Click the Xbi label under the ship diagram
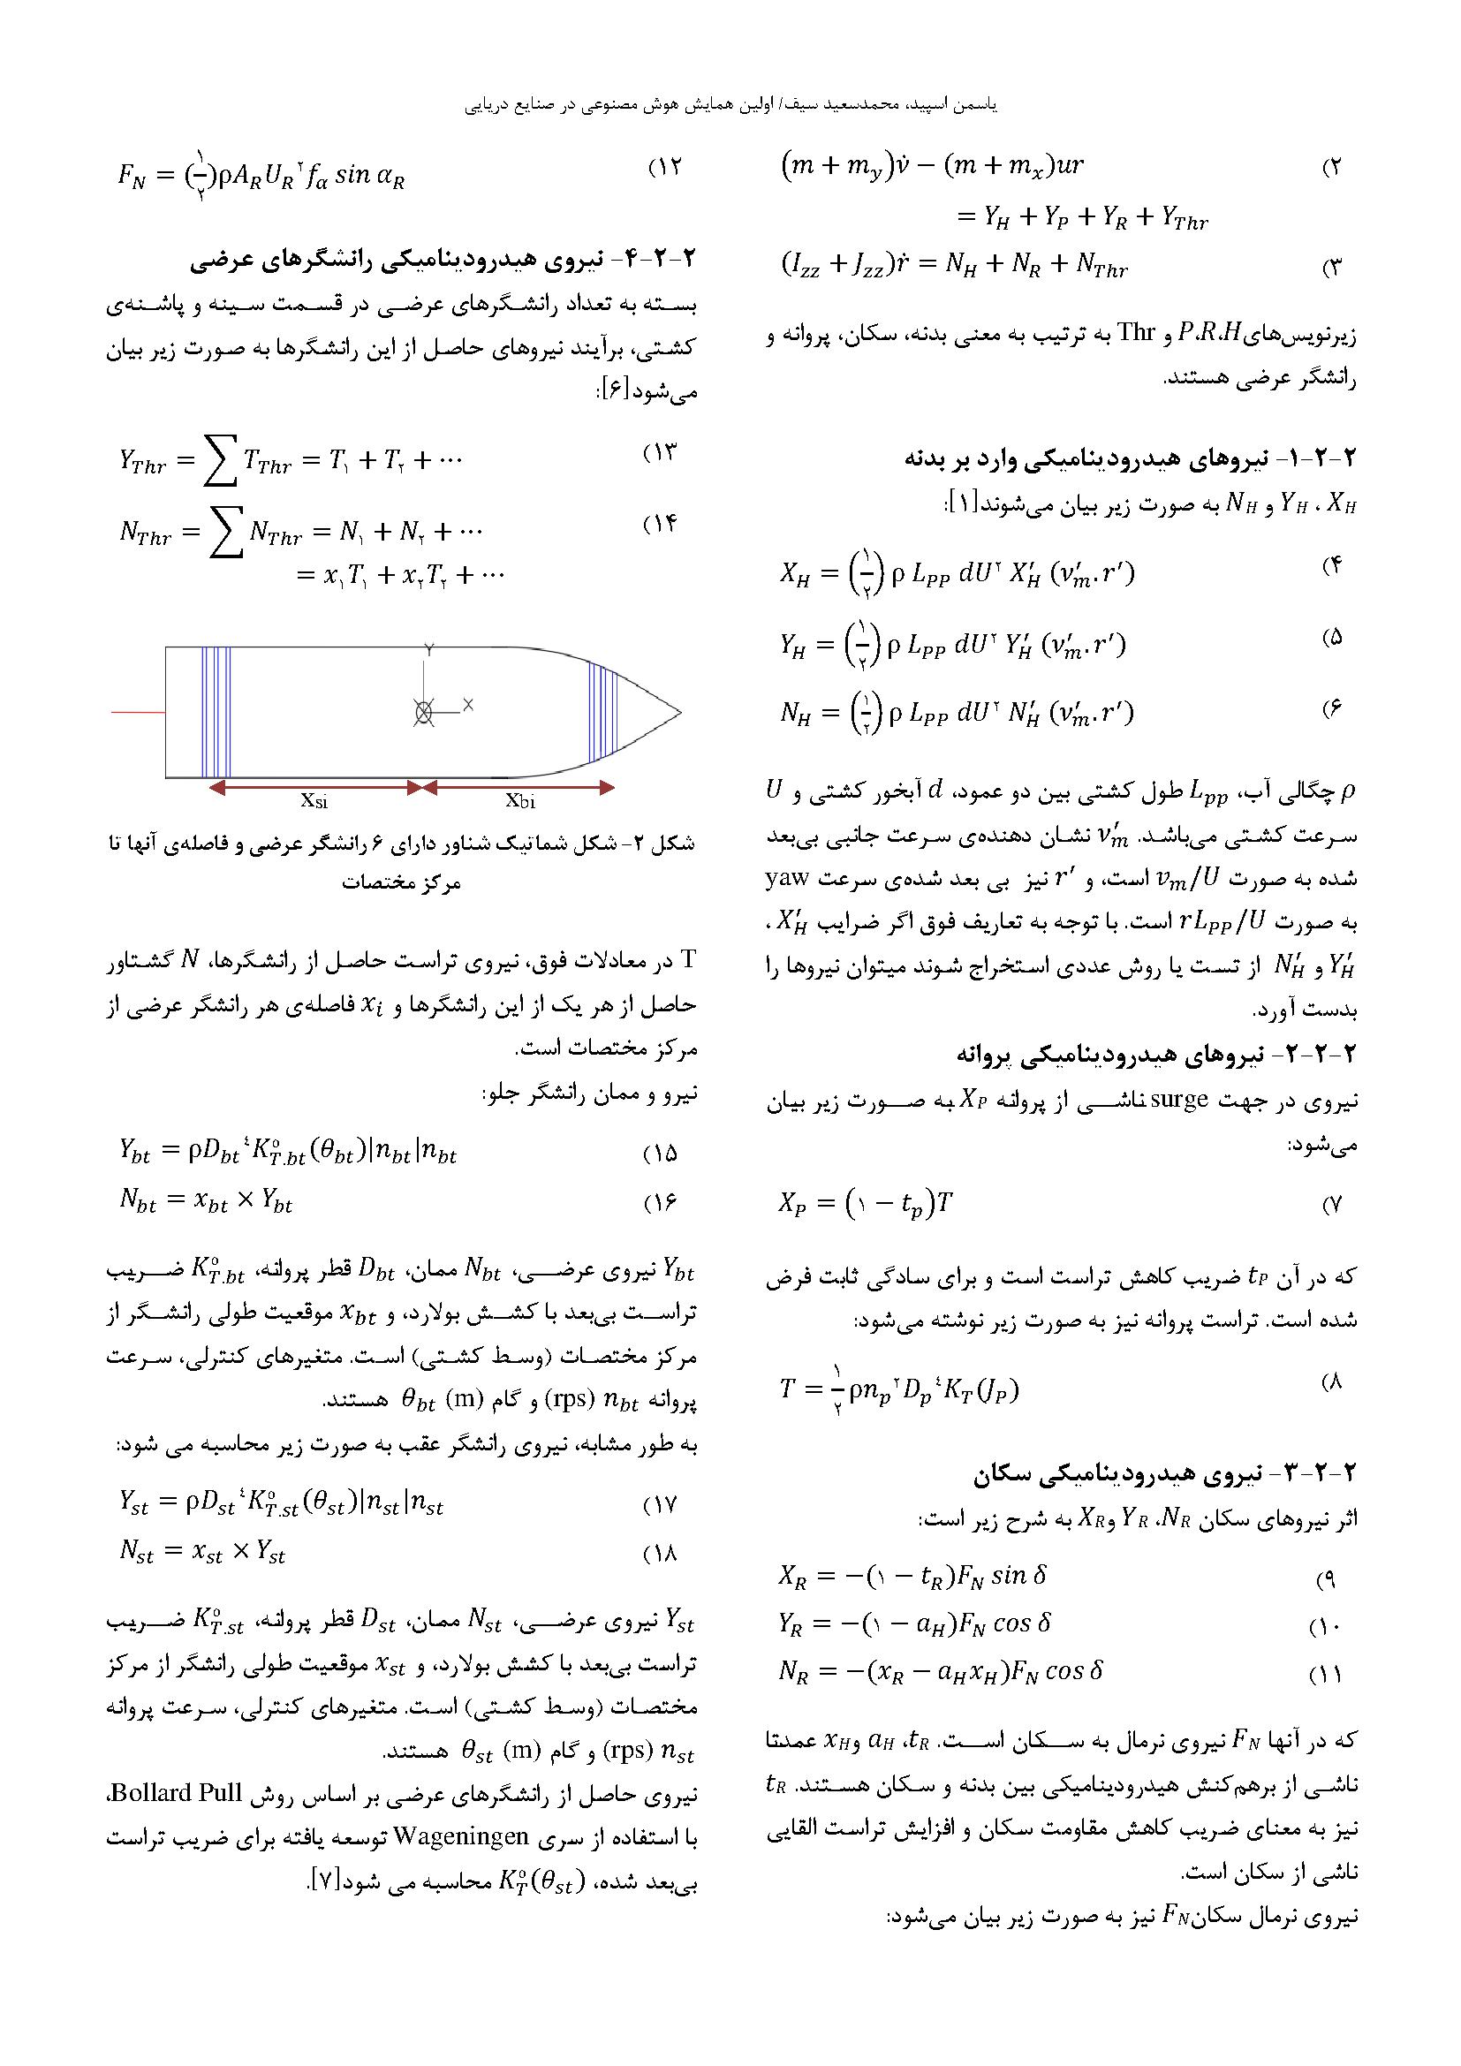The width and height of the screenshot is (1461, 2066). [520, 799]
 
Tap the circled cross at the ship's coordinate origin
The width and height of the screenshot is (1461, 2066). [423, 713]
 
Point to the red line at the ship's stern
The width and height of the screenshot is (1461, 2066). [139, 713]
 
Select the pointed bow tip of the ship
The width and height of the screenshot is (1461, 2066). [678, 713]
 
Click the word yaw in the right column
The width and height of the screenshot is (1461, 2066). [788, 878]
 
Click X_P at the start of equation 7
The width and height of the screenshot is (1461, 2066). [794, 1204]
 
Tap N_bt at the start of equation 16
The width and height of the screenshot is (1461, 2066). [138, 1202]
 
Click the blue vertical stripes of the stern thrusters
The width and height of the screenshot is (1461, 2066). [216, 713]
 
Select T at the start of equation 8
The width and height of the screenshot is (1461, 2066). [788, 1389]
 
